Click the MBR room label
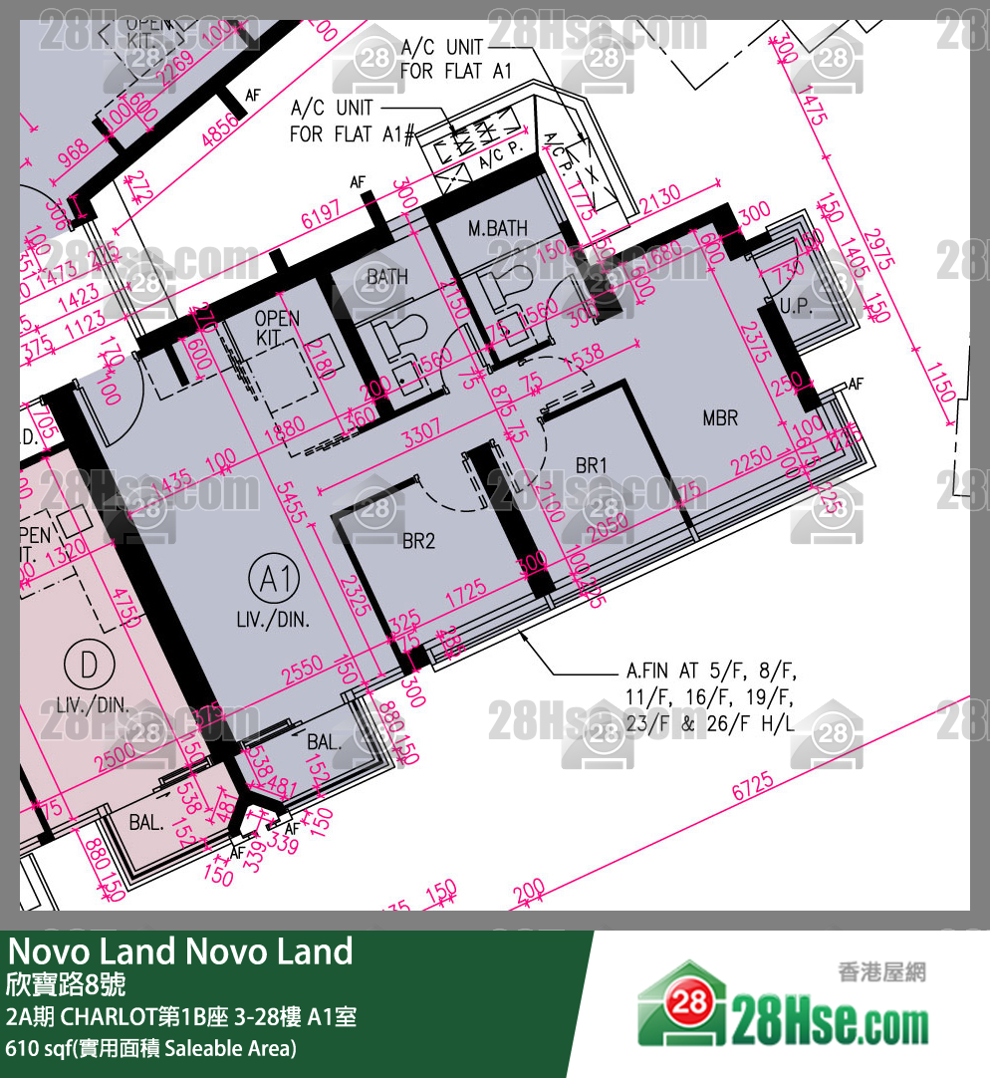pos(720,416)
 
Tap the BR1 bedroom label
pos(592,465)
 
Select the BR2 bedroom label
pos(419,541)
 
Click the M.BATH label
pos(498,229)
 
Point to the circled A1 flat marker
pos(274,579)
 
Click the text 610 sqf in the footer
pos(38,1048)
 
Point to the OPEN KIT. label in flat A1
pos(277,328)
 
